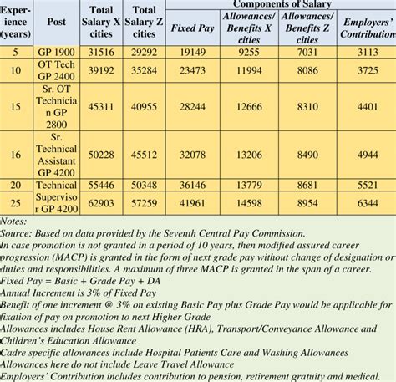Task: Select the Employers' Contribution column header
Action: tap(366, 27)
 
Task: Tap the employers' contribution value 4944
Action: tap(366, 155)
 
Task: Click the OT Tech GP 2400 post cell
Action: tap(57, 71)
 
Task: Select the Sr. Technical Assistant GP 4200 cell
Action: tap(57, 155)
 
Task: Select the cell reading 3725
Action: tap(366, 71)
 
